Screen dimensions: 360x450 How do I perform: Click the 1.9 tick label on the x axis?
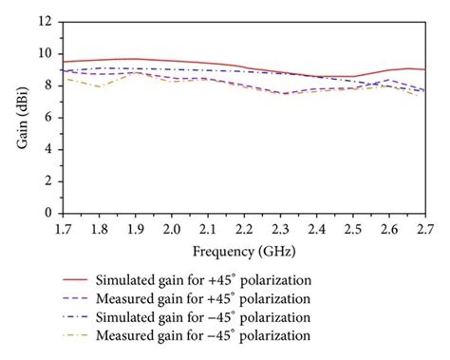point(134,231)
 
